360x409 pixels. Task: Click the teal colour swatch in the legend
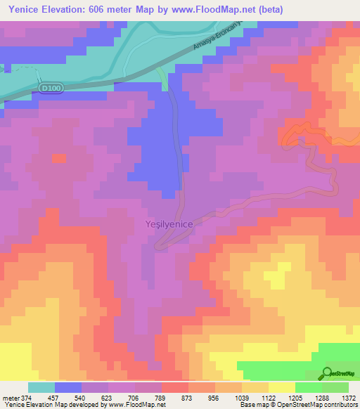pyautogui.click(x=41, y=387)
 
